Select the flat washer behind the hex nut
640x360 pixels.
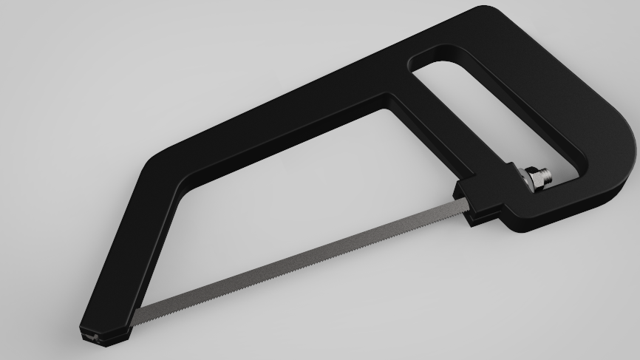pyautogui.click(x=524, y=180)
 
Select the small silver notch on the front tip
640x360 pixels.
pyautogui.click(x=92, y=338)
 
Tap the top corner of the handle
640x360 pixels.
pyautogui.click(x=484, y=15)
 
